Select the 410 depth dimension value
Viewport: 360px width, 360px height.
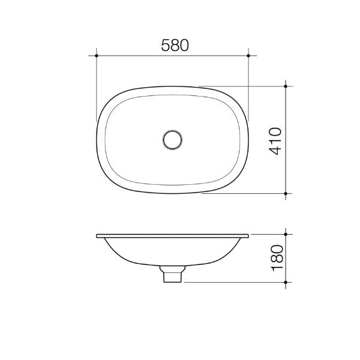pyautogui.click(x=275, y=141)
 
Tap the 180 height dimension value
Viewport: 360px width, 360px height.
pyautogui.click(x=275, y=257)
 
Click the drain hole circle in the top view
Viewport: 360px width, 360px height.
pyautogui.click(x=172, y=139)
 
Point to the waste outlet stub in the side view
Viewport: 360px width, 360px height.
pyautogui.click(x=172, y=275)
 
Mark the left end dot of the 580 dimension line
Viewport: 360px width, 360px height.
pyautogui.click(x=97, y=55)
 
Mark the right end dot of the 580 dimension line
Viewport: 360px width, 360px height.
pyautogui.click(x=248, y=55)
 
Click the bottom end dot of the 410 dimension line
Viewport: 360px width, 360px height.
pyautogui.click(x=287, y=194)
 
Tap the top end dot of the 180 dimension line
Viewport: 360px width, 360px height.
pyautogui.click(x=287, y=234)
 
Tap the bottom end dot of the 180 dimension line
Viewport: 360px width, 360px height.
pyautogui.click(x=287, y=281)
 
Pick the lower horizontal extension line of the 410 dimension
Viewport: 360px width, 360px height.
pyautogui.click(x=246, y=194)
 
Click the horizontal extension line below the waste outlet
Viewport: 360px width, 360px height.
pyautogui.click(x=234, y=281)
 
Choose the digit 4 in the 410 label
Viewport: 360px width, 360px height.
pyautogui.click(x=275, y=151)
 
